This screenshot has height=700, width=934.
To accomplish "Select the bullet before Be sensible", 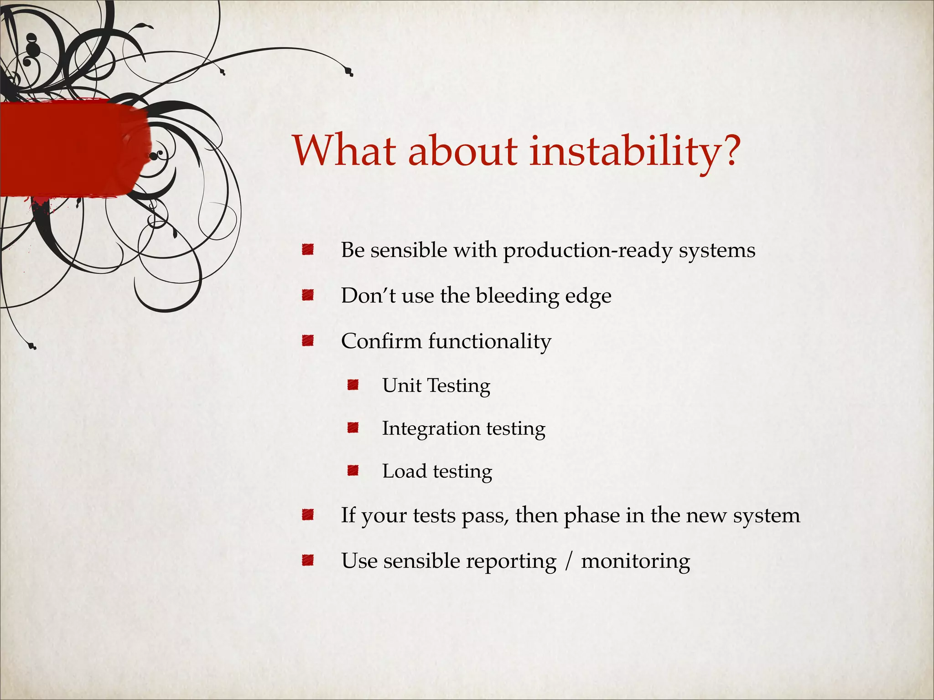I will pos(308,249).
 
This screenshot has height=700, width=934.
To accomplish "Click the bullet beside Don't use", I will pos(308,295).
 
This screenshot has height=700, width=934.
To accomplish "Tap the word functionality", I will pos(489,341).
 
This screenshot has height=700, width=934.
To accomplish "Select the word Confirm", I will pos(381,341).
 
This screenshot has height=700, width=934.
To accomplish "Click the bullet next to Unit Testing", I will pos(353,385).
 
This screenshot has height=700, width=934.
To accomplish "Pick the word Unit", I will pos(401,386).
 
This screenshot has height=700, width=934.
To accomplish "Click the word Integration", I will pos(431,429).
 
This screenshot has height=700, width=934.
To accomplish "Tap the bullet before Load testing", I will pos(353,470).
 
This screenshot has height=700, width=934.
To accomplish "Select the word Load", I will pos(404,471).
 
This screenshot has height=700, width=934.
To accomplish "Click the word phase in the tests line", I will pos(592,516).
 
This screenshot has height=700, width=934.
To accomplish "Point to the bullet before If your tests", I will pos(308,515).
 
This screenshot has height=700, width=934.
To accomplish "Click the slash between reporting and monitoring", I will pos(568,561).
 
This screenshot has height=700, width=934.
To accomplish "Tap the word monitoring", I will pos(635,561).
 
